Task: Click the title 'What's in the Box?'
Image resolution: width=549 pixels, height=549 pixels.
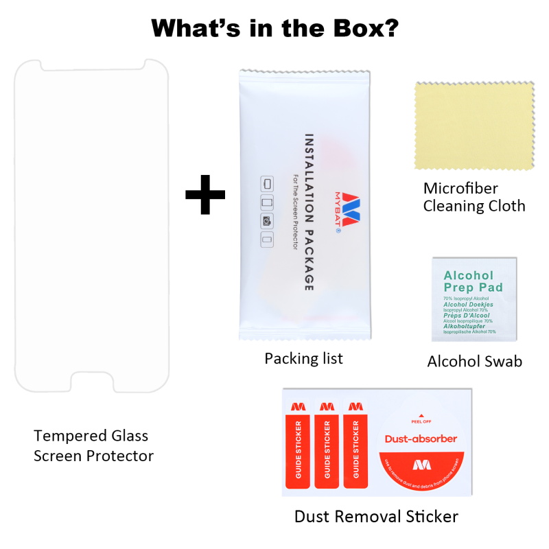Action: point(275,28)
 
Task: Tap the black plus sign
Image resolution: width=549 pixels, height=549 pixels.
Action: point(205,194)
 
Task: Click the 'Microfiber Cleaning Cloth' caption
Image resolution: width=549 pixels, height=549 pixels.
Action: point(474,197)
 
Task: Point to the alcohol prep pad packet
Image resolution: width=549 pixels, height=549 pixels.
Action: point(474,299)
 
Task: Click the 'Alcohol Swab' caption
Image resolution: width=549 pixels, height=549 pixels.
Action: point(474,361)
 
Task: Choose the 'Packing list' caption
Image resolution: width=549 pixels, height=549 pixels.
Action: point(303,358)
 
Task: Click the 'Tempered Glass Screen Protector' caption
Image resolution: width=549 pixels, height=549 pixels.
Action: point(93,445)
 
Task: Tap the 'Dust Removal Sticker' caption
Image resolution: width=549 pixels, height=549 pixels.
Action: point(376,516)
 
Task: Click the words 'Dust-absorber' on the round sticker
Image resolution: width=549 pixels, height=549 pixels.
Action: point(421,439)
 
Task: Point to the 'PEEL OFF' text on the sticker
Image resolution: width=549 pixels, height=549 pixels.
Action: point(421,423)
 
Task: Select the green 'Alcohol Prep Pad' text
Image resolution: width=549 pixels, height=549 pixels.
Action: point(473,281)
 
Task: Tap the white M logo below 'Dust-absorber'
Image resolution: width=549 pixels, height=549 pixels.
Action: point(421,464)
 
